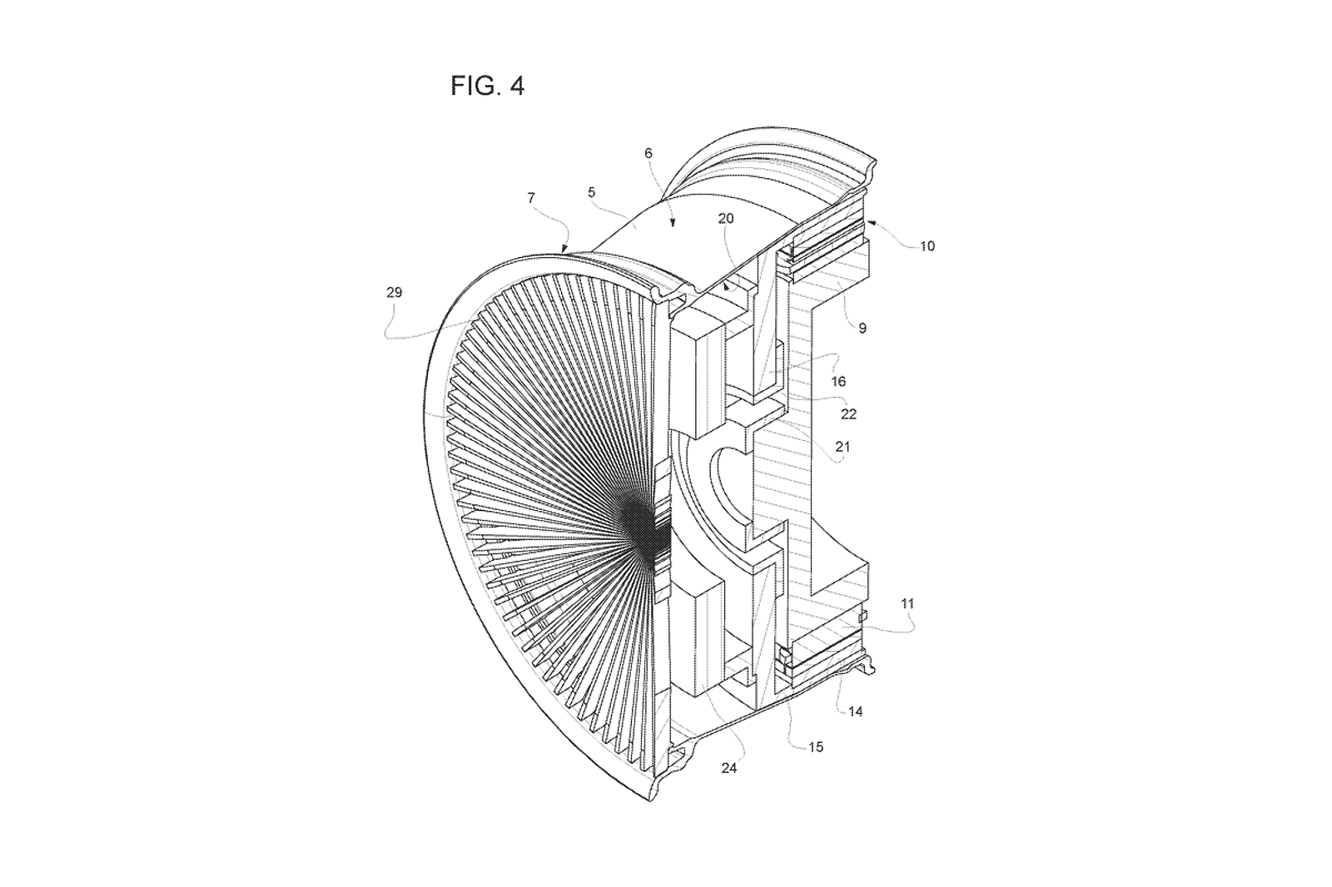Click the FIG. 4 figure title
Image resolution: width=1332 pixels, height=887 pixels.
tap(487, 87)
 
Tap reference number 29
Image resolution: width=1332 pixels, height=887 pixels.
tap(395, 293)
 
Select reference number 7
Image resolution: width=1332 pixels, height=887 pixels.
tap(531, 198)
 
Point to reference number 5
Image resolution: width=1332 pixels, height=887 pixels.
tap(591, 192)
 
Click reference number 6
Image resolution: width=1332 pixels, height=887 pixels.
tap(649, 153)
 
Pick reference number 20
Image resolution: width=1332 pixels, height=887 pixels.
tap(725, 218)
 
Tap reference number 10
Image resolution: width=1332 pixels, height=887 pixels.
tap(927, 245)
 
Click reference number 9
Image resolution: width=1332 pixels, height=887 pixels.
tap(862, 328)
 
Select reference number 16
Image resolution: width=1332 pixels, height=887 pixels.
tap(838, 381)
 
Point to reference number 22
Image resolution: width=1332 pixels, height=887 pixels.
tap(848, 414)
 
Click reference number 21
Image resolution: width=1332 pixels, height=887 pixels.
tap(842, 447)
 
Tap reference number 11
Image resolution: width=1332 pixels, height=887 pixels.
tap(907, 604)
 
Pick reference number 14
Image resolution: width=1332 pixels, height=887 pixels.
tap(855, 711)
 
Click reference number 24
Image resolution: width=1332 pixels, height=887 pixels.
tap(729, 768)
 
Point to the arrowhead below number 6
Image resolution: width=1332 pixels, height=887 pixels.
tap(673, 222)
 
